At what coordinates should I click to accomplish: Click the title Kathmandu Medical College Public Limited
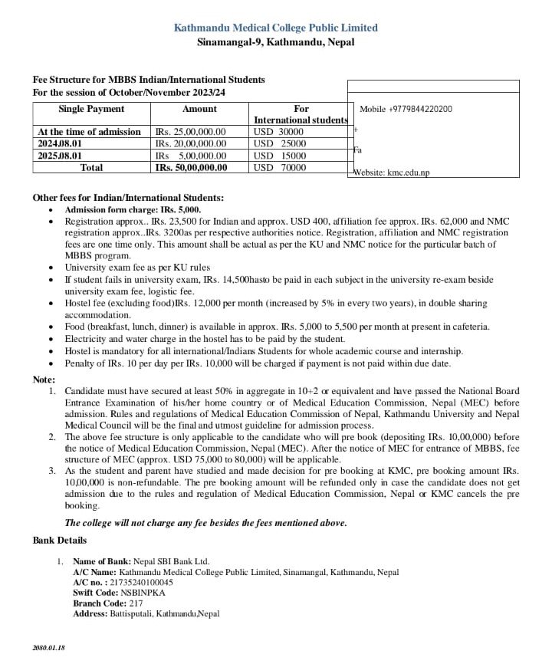click(275, 28)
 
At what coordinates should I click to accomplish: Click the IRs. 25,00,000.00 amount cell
click(191, 132)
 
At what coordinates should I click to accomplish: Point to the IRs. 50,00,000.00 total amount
click(191, 167)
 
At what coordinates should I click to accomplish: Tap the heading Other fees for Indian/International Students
click(128, 198)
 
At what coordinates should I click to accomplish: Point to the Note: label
click(44, 380)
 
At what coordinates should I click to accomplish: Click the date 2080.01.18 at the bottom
click(49, 648)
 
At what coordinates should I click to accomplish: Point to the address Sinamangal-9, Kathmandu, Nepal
click(275, 42)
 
